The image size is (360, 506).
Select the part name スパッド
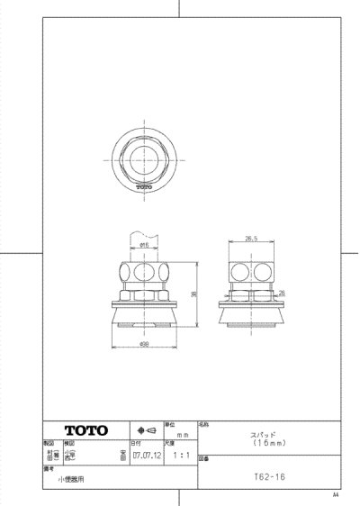point(262,435)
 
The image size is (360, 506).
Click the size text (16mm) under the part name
point(262,443)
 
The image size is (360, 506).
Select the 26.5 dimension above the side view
point(250,239)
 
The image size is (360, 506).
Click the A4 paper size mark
point(336,495)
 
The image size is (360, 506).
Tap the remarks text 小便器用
point(71,481)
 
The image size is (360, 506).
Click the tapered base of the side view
point(251,318)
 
